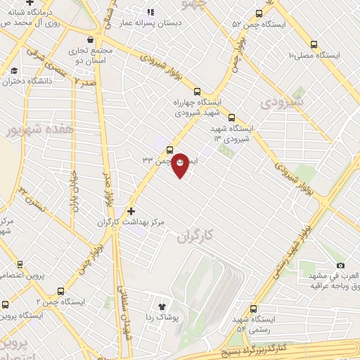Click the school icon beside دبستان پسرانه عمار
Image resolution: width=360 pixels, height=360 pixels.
pos(150,12)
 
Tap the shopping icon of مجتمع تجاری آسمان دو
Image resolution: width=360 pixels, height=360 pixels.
pos(89,40)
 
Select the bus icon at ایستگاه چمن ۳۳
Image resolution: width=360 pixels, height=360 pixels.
pos(169,148)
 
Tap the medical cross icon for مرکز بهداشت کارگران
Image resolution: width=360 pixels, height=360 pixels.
pos(130,210)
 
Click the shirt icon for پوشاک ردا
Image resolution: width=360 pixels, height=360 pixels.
pos(162,307)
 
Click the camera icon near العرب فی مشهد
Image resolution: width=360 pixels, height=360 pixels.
pos(341,265)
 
